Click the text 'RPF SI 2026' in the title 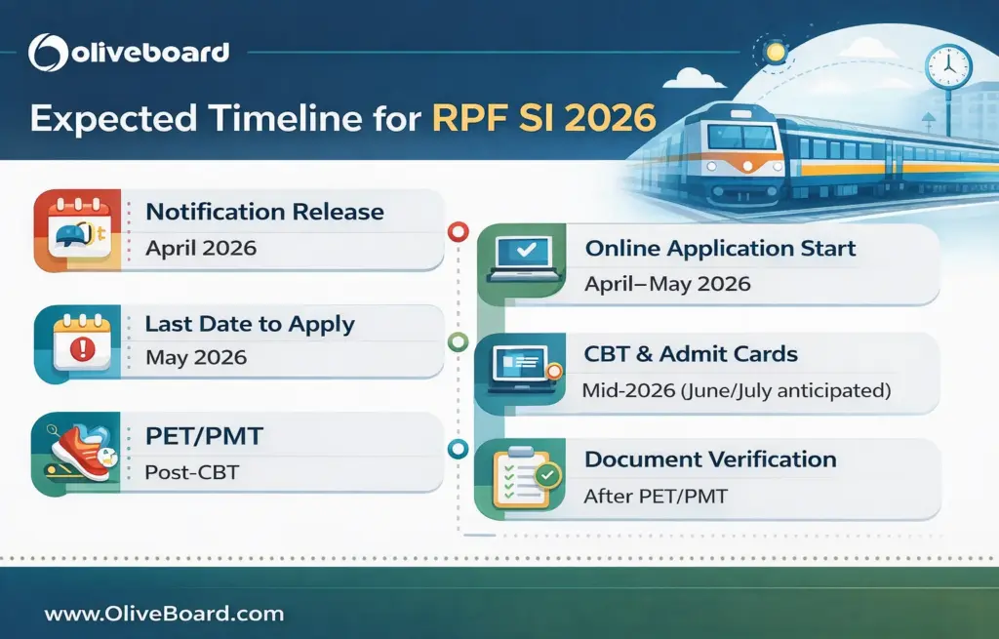[543, 118]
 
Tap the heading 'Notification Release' [264, 212]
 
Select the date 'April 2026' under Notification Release [201, 248]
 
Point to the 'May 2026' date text [196, 358]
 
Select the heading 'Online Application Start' [720, 249]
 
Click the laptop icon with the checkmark [525, 257]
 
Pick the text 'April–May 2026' [667, 284]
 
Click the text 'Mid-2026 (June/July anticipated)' [736, 390]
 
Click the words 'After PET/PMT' [655, 497]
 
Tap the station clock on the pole [947, 67]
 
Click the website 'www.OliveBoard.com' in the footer [164, 614]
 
